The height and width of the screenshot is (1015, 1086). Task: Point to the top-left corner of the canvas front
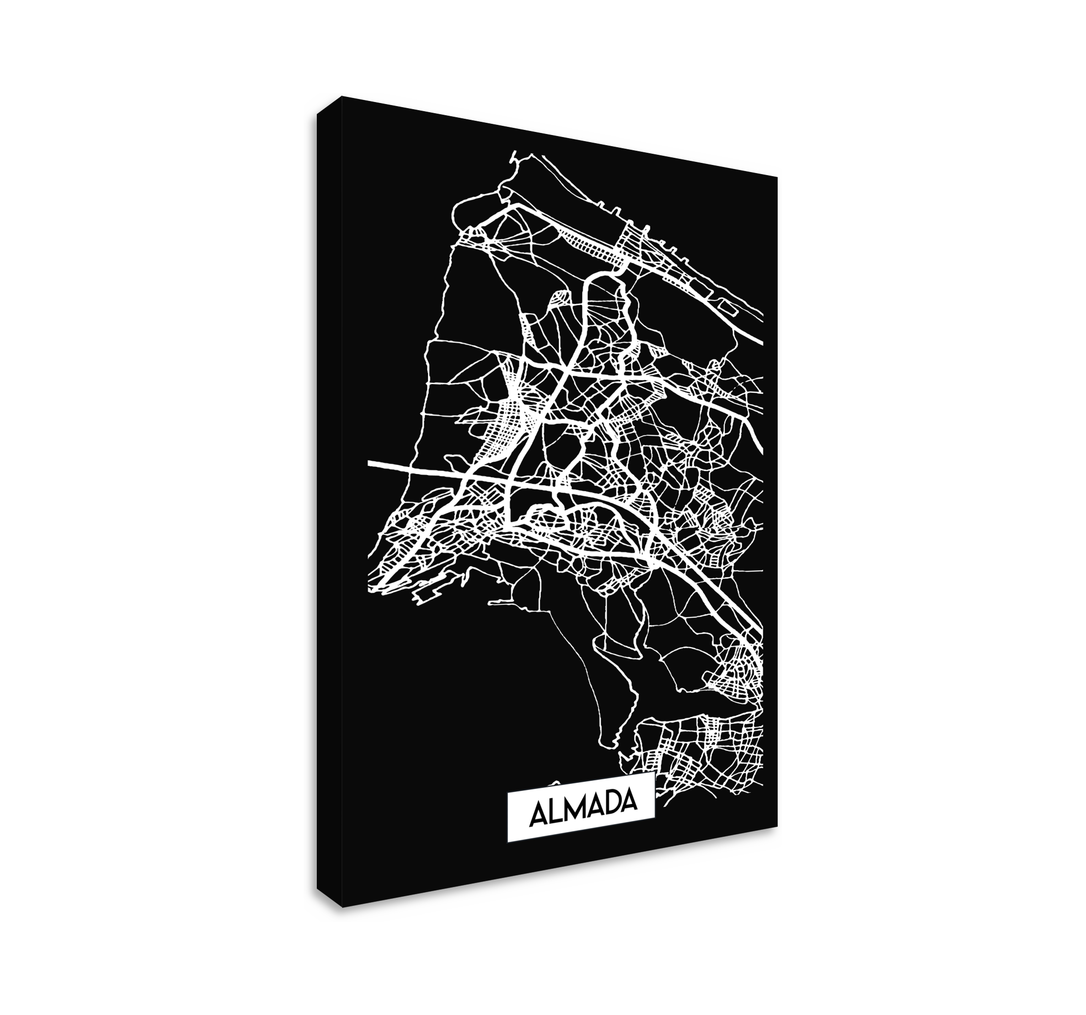click(342, 95)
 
